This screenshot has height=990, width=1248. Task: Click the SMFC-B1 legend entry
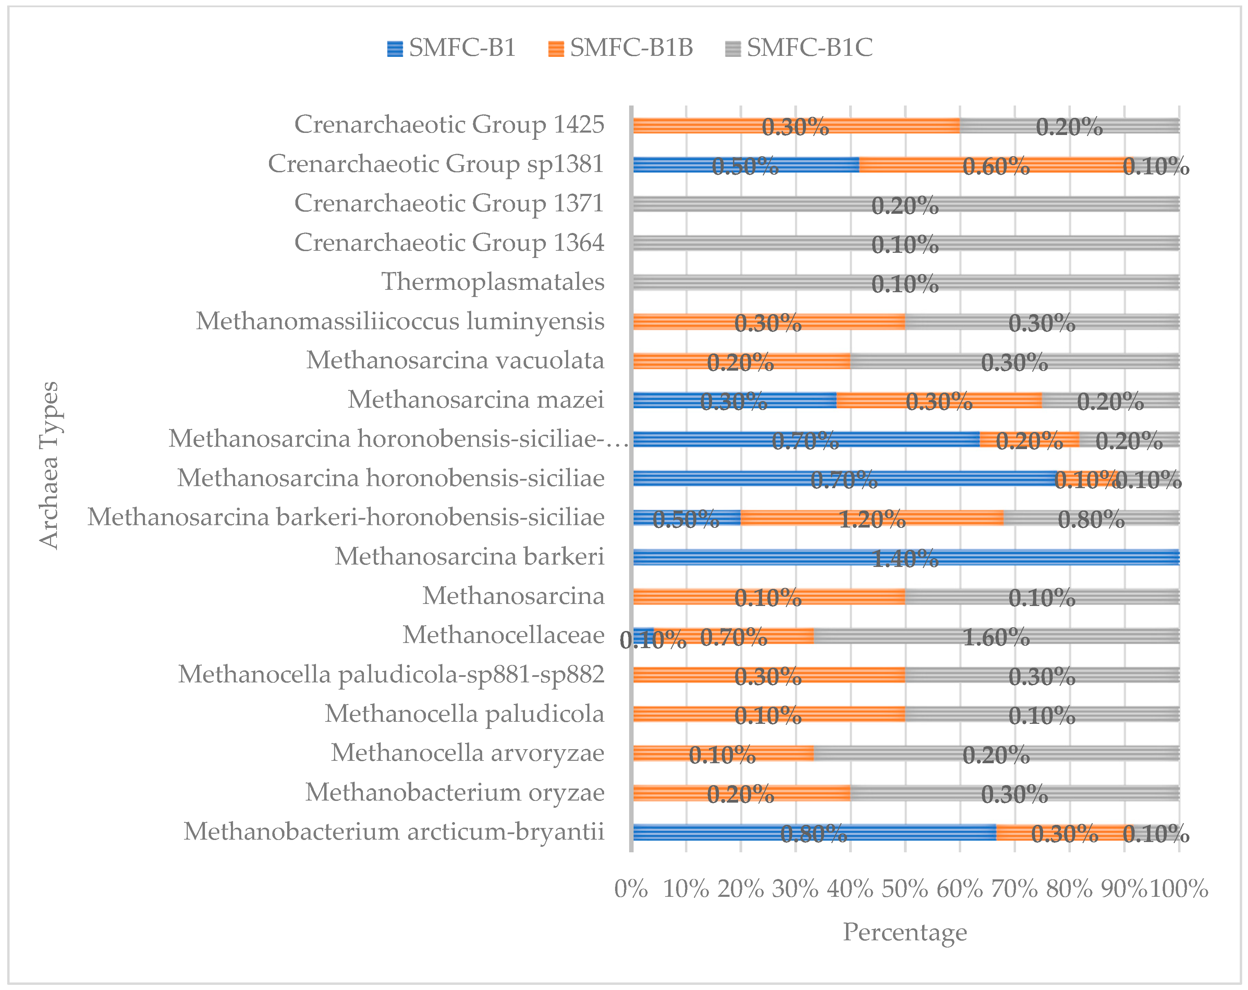tap(452, 48)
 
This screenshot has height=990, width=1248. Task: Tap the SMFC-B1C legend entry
tap(799, 48)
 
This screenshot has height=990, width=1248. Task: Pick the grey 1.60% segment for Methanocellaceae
tap(995, 636)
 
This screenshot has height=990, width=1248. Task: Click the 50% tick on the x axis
tap(905, 889)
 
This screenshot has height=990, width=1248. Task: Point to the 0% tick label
tap(631, 889)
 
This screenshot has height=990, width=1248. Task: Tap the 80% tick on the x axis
tap(1069, 889)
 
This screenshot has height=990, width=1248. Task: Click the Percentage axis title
tap(905, 932)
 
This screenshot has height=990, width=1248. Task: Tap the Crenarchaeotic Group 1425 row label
tap(449, 124)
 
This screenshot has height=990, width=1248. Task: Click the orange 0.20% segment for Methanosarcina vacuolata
tap(741, 361)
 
